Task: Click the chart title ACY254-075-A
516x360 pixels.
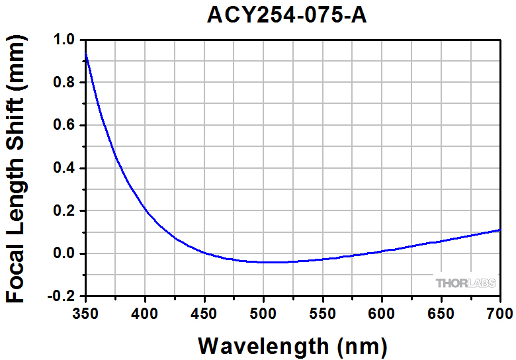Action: coord(286,15)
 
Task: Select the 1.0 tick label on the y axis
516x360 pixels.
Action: coord(65,40)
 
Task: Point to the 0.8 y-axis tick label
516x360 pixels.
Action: coord(65,83)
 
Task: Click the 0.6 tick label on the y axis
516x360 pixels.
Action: coord(65,126)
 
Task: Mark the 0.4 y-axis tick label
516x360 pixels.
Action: coord(65,168)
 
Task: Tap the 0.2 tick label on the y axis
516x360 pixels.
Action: coord(65,211)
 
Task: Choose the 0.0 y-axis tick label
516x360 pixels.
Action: coord(65,253)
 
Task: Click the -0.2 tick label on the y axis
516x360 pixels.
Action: coord(62,296)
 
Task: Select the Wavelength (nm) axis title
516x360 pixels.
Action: coord(292,345)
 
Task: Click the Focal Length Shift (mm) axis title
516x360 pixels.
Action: coord(16,169)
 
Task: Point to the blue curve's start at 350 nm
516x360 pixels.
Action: coord(87,56)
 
